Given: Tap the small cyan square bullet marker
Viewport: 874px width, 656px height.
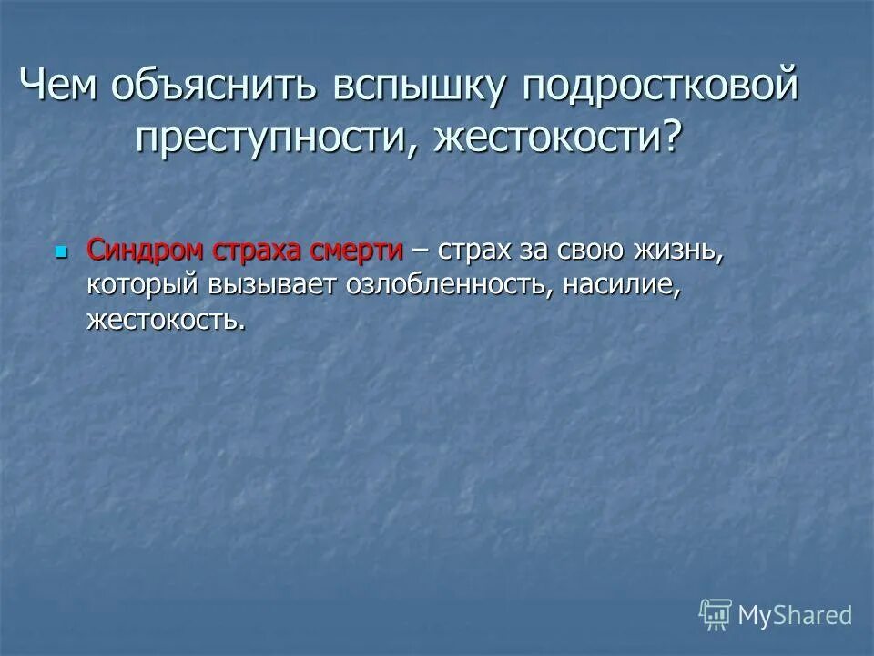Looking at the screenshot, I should pos(62,250).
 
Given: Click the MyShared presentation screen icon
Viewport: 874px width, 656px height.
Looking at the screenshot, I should pos(715,616).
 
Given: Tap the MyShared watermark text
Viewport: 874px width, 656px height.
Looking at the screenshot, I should pos(795,616).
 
